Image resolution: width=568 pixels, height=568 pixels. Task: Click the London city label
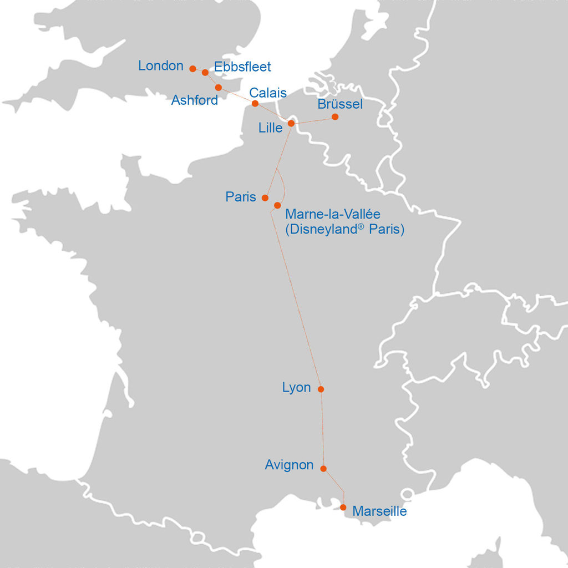(x=160, y=66)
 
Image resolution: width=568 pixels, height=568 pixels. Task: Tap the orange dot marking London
(x=192, y=69)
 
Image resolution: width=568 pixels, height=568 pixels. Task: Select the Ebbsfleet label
(x=242, y=67)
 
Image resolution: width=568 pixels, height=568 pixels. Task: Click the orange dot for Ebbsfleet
(x=205, y=73)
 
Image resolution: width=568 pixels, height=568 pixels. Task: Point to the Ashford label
(x=194, y=100)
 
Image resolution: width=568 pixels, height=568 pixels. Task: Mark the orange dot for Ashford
(x=219, y=88)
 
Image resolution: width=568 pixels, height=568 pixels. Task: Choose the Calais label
(x=268, y=93)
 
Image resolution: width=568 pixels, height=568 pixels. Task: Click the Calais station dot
(x=255, y=104)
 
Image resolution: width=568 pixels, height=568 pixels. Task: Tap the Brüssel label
(x=340, y=104)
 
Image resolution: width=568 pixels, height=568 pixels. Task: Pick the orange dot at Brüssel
(x=335, y=117)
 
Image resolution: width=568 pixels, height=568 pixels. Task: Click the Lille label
(x=271, y=128)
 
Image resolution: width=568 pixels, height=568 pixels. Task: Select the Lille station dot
(x=291, y=123)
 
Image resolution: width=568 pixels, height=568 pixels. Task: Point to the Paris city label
(x=241, y=197)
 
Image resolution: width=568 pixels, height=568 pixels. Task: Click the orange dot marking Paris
(x=265, y=198)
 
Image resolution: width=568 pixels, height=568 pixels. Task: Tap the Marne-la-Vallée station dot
(x=277, y=206)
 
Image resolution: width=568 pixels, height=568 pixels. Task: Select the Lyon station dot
(x=321, y=389)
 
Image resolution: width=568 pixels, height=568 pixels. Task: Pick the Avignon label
(x=289, y=465)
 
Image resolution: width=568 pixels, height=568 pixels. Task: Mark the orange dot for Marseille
(x=343, y=508)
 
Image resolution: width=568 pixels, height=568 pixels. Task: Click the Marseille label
(x=379, y=511)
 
